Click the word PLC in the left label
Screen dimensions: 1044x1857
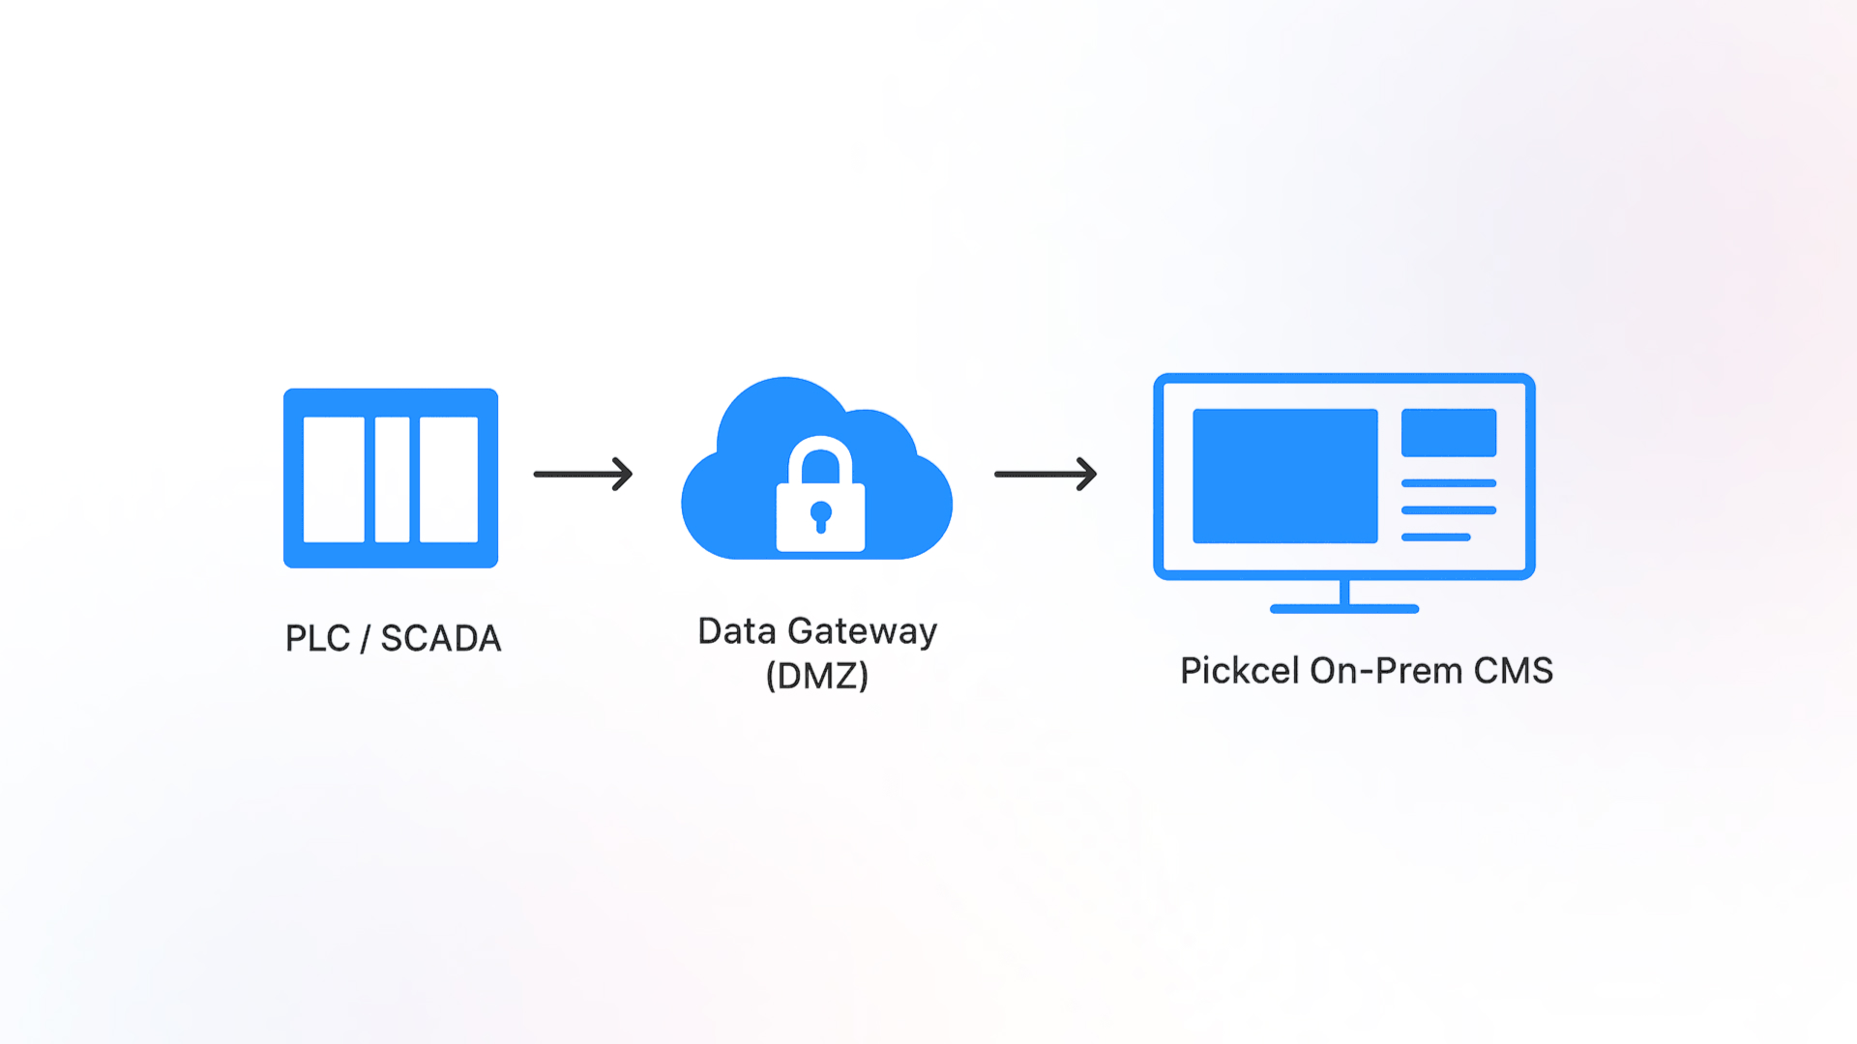tap(317, 639)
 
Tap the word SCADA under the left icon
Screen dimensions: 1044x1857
tap(441, 639)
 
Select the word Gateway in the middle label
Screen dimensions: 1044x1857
tap(863, 632)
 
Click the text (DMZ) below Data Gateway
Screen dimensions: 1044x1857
tap(817, 676)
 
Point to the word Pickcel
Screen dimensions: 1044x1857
tap(1240, 671)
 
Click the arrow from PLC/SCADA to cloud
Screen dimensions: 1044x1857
tap(583, 474)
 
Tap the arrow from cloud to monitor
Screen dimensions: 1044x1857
tap(1046, 474)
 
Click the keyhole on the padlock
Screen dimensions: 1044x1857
tap(821, 516)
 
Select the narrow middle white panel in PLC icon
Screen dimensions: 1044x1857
tap(392, 479)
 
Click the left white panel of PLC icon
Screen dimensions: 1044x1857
tap(334, 479)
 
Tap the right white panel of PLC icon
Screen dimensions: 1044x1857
tap(449, 479)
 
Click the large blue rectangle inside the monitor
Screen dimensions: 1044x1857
tap(1284, 476)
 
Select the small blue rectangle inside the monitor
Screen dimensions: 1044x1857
tap(1448, 432)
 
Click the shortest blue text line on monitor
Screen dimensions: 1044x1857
tap(1435, 537)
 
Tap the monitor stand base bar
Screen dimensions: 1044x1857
tap(1343, 609)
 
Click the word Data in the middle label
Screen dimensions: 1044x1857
tap(737, 632)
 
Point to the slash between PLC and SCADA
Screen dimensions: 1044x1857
tap(366, 639)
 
